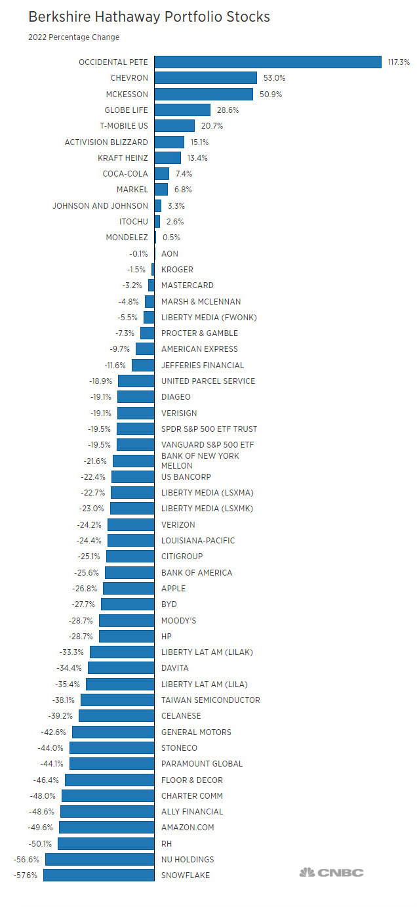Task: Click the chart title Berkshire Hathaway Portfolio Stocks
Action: [149, 17]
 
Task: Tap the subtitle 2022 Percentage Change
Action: [73, 37]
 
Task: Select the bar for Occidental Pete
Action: [268, 62]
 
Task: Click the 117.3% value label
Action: [399, 62]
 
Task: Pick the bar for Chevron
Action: [205, 78]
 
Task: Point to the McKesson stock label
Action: [127, 94]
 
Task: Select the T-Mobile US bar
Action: [174, 126]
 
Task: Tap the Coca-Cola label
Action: [125, 174]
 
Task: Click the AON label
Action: [170, 253]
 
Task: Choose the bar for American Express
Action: [144, 349]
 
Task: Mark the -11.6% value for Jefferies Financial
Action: [115, 365]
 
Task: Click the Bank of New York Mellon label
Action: [200, 460]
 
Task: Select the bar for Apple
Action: [129, 589]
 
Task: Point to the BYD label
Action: [169, 604]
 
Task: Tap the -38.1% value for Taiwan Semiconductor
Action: [61, 700]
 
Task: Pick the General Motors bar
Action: [113, 732]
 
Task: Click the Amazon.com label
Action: [188, 828]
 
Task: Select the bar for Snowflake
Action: [98, 875]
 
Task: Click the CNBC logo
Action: [331, 873]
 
